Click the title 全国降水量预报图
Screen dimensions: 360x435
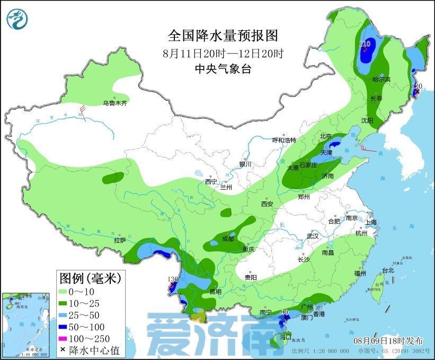pos(223,36)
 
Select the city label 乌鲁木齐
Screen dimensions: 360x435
pos(115,103)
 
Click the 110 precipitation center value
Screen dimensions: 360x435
pos(365,43)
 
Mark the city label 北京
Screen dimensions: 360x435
pos(325,136)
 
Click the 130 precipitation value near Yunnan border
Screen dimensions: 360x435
pos(172,279)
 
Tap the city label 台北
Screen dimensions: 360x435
pos(388,270)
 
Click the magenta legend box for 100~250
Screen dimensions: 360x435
pos(67,338)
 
